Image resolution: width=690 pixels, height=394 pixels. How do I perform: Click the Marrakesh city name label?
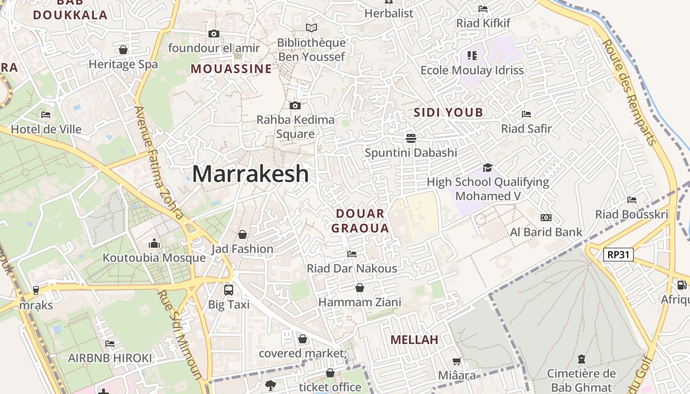click(x=250, y=174)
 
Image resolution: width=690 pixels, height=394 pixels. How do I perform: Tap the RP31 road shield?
click(x=618, y=255)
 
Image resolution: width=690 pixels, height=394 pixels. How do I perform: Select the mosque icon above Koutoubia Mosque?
click(x=154, y=243)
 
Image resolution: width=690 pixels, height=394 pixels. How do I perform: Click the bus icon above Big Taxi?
click(x=229, y=290)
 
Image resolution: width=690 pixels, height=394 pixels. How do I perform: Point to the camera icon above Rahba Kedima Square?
click(x=295, y=105)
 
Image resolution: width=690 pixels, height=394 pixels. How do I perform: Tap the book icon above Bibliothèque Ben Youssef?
click(x=311, y=28)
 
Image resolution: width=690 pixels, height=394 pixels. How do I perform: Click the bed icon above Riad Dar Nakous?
click(x=352, y=254)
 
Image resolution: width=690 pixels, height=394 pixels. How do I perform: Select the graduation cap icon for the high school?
click(x=487, y=167)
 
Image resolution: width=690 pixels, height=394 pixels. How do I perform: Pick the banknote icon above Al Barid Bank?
click(x=546, y=218)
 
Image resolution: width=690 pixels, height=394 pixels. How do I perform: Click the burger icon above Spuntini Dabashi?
click(x=411, y=138)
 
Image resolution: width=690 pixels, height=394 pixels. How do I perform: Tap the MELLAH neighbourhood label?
click(x=414, y=339)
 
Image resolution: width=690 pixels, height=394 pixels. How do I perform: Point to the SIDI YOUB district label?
click(x=448, y=112)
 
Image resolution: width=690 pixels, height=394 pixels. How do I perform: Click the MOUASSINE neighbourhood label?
click(x=231, y=68)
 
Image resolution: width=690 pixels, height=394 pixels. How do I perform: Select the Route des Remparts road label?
click(x=630, y=92)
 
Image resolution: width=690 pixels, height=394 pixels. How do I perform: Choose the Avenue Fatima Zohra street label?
click(x=159, y=163)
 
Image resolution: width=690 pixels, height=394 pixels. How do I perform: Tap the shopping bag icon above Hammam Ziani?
click(x=360, y=288)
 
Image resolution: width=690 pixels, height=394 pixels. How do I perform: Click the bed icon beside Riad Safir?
click(x=526, y=114)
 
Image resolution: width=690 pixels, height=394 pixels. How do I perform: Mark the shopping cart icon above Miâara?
click(x=457, y=361)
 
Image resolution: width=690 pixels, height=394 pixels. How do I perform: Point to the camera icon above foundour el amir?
click(x=213, y=34)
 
